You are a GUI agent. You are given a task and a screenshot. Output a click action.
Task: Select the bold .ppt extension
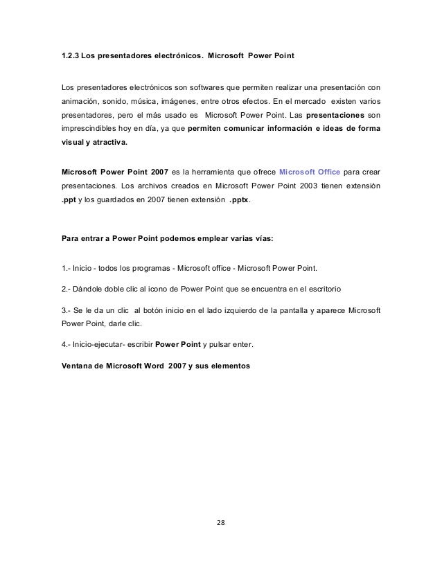[69, 202]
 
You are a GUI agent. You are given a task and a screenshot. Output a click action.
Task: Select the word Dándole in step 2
[87, 287]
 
